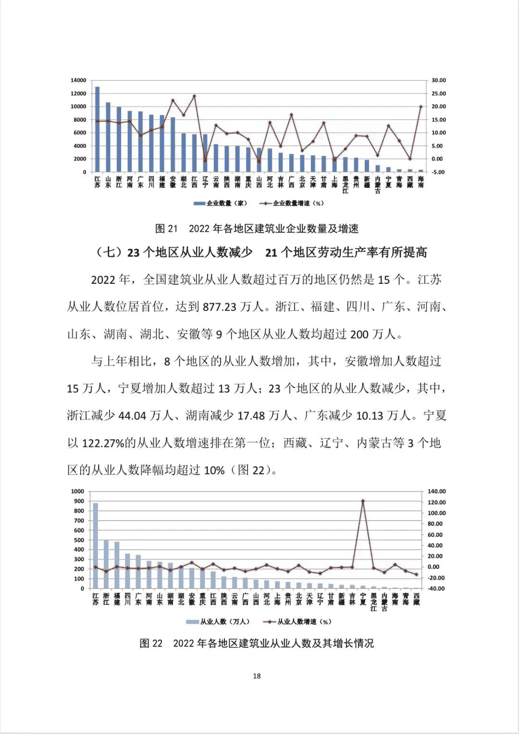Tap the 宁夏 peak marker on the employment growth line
click(x=363, y=501)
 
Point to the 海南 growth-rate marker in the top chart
click(x=421, y=107)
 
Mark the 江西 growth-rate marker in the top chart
click(x=194, y=96)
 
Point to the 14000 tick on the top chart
click(x=78, y=80)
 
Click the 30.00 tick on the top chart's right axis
click(x=438, y=80)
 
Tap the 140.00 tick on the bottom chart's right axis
click(x=436, y=492)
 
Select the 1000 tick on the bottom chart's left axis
click(x=77, y=492)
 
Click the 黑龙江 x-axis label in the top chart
click(x=346, y=185)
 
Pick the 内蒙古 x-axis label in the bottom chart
click(x=384, y=602)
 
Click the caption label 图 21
click(x=166, y=229)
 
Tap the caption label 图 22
click(x=151, y=644)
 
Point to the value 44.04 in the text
click(x=132, y=416)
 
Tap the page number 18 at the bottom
click(x=257, y=676)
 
